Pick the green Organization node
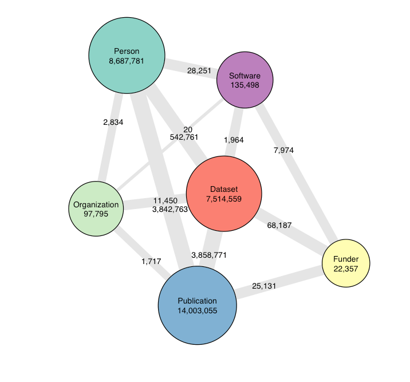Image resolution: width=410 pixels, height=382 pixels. [96, 208]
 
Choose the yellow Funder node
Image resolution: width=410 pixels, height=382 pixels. [346, 263]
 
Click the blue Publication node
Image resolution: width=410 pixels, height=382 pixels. [197, 305]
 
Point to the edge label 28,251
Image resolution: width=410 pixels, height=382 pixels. [199, 71]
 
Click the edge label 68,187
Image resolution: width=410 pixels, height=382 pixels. [279, 226]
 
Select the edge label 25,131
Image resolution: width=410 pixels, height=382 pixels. [264, 286]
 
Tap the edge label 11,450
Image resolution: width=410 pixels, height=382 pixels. [166, 200]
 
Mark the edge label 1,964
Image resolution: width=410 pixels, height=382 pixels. [234, 140]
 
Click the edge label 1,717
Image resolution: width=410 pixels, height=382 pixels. [151, 261]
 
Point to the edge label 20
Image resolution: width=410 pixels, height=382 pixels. [188, 129]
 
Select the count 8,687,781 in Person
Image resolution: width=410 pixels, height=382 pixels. [127, 60]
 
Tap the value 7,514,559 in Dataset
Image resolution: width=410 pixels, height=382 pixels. [224, 199]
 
